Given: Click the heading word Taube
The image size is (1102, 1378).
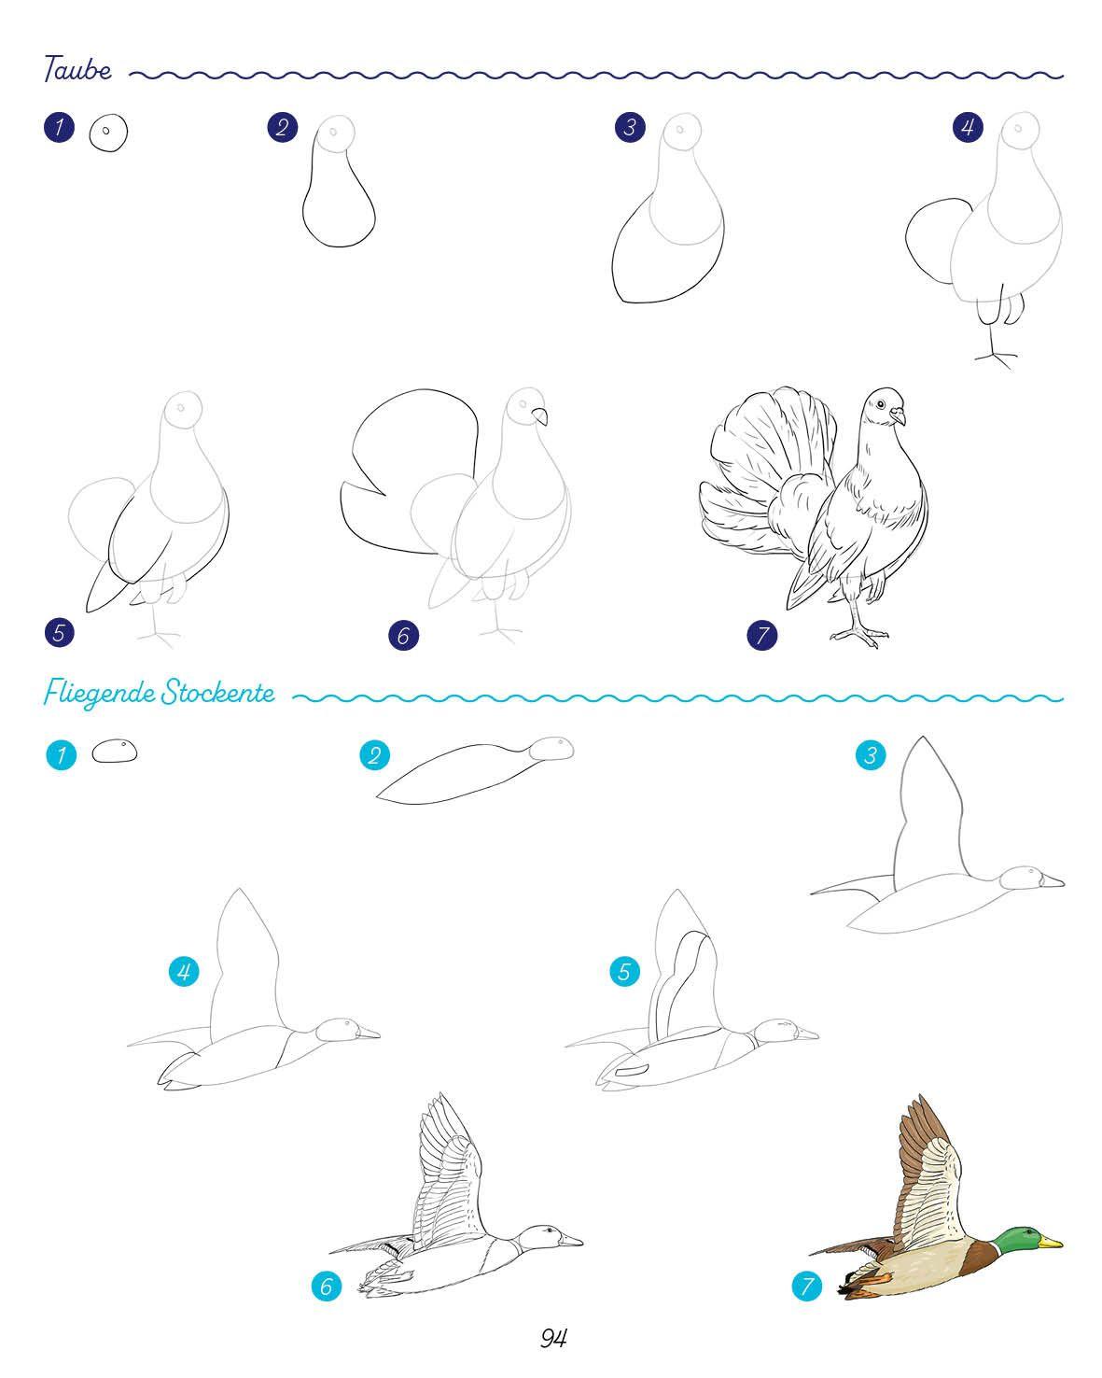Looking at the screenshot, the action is click(77, 68).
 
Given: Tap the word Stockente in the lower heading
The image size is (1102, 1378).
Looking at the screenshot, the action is click(217, 693).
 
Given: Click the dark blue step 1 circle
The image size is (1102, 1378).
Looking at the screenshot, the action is click(60, 127).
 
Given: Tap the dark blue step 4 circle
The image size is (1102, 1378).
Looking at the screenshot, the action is click(967, 127).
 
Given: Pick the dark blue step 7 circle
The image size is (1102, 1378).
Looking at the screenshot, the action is click(761, 635).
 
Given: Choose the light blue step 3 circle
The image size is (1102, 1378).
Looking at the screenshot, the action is click(871, 755).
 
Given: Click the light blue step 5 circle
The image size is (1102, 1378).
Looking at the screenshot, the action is click(624, 971).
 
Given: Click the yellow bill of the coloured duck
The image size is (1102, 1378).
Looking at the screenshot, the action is click(1050, 1243).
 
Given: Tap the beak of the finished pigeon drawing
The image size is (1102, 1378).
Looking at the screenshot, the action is click(898, 416).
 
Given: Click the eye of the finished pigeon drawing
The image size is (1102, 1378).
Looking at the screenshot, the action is click(880, 404).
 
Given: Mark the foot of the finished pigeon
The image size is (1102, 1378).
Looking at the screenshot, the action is click(859, 635).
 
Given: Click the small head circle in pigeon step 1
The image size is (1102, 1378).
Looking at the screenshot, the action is click(108, 133).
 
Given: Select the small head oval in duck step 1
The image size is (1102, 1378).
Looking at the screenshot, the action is click(115, 752).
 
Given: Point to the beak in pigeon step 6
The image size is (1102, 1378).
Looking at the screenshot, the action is click(540, 416).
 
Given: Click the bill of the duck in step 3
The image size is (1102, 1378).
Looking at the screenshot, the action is click(1052, 881).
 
